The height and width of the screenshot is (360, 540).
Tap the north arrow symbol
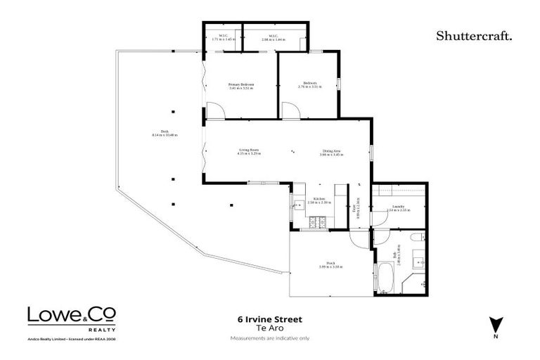click(x=496, y=324)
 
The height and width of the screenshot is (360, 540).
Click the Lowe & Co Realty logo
click(x=71, y=318)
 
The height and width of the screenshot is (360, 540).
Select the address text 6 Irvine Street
click(x=269, y=319)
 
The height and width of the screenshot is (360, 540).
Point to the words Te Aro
click(x=269, y=328)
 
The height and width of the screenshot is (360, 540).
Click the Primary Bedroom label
click(x=241, y=85)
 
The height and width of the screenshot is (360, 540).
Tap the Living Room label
click(x=250, y=150)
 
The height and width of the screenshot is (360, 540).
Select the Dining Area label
click(x=332, y=150)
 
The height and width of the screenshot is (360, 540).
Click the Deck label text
click(x=165, y=132)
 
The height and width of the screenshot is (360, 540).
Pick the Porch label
click(x=330, y=264)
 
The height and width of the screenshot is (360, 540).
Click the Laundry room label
click(x=399, y=207)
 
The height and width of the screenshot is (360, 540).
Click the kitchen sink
click(x=298, y=205)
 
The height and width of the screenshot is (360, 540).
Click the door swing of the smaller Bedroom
click(x=291, y=111)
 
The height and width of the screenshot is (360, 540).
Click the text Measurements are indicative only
click(x=269, y=338)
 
